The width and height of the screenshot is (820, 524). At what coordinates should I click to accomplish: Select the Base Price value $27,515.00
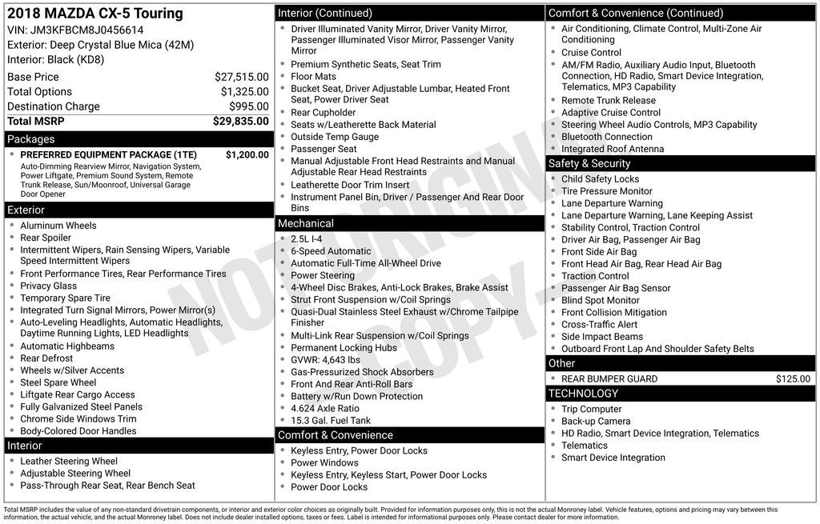pyautogui.click(x=241, y=77)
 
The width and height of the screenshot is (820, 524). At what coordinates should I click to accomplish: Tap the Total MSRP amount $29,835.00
pyautogui.click(x=241, y=121)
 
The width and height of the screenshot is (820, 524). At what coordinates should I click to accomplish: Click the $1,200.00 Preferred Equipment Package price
pyautogui.click(x=247, y=154)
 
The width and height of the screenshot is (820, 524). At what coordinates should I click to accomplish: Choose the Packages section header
pyautogui.click(x=31, y=139)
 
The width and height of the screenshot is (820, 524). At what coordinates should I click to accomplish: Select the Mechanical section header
pyautogui.click(x=306, y=223)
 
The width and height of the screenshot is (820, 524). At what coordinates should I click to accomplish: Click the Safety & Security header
pyautogui.click(x=589, y=163)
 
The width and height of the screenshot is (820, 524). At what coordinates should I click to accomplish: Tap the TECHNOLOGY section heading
pyautogui.click(x=583, y=393)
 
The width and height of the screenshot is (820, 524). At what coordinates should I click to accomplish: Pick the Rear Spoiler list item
pyautogui.click(x=46, y=238)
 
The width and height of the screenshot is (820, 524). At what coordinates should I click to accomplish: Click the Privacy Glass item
pyautogui.click(x=49, y=286)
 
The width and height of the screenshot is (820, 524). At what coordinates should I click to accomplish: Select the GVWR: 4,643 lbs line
pyautogui.click(x=325, y=360)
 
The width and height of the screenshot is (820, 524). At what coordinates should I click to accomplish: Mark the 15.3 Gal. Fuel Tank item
pyautogui.click(x=331, y=420)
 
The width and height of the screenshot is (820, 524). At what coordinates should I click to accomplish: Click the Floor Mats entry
pyautogui.click(x=314, y=77)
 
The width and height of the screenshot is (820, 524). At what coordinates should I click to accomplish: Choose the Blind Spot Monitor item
pyautogui.click(x=601, y=300)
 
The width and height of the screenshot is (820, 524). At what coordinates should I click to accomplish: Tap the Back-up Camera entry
pyautogui.click(x=596, y=421)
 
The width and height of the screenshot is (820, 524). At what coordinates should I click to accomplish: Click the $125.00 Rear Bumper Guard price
pyautogui.click(x=793, y=378)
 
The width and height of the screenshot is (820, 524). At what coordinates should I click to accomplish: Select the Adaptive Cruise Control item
pyautogui.click(x=611, y=113)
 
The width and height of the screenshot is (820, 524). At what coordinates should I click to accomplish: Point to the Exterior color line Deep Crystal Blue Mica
pyautogui.click(x=100, y=45)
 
